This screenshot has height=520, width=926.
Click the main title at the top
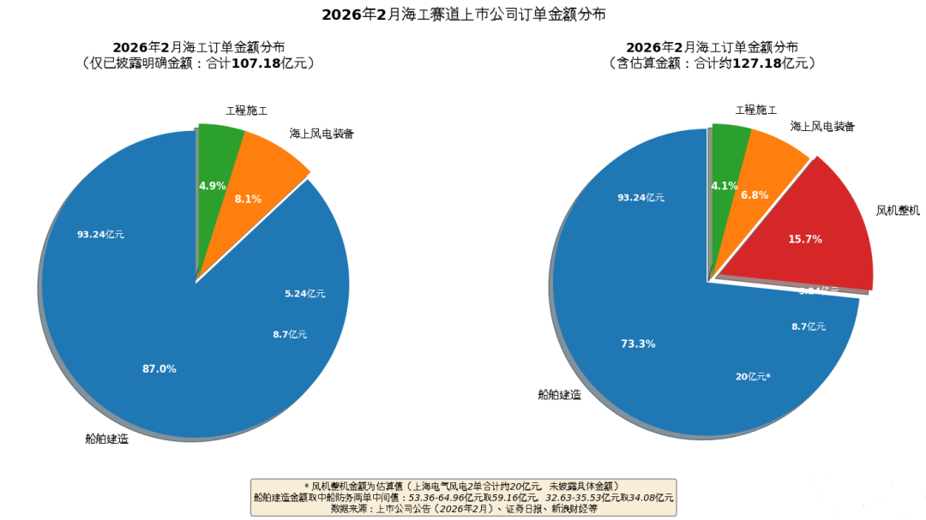pyautogui.click(x=463, y=15)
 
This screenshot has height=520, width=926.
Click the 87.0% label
pyautogui.click(x=159, y=369)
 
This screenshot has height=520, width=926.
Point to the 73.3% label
pyautogui.click(x=638, y=344)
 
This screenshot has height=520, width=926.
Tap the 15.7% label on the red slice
pyautogui.click(x=805, y=240)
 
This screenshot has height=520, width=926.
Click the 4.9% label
pyautogui.click(x=212, y=186)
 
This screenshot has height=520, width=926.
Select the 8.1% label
pyautogui.click(x=248, y=200)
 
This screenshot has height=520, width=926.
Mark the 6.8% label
pyautogui.click(x=755, y=195)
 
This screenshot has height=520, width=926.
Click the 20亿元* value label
pyautogui.click(x=753, y=377)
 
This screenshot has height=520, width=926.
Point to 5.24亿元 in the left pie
pyautogui.click(x=304, y=294)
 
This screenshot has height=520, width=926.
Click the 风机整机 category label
pyautogui.click(x=898, y=210)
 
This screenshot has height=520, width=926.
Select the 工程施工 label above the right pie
pyautogui.click(x=756, y=110)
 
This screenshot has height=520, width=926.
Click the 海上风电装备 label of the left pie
pyautogui.click(x=322, y=134)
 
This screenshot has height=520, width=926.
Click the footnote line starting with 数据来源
pyautogui.click(x=463, y=508)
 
